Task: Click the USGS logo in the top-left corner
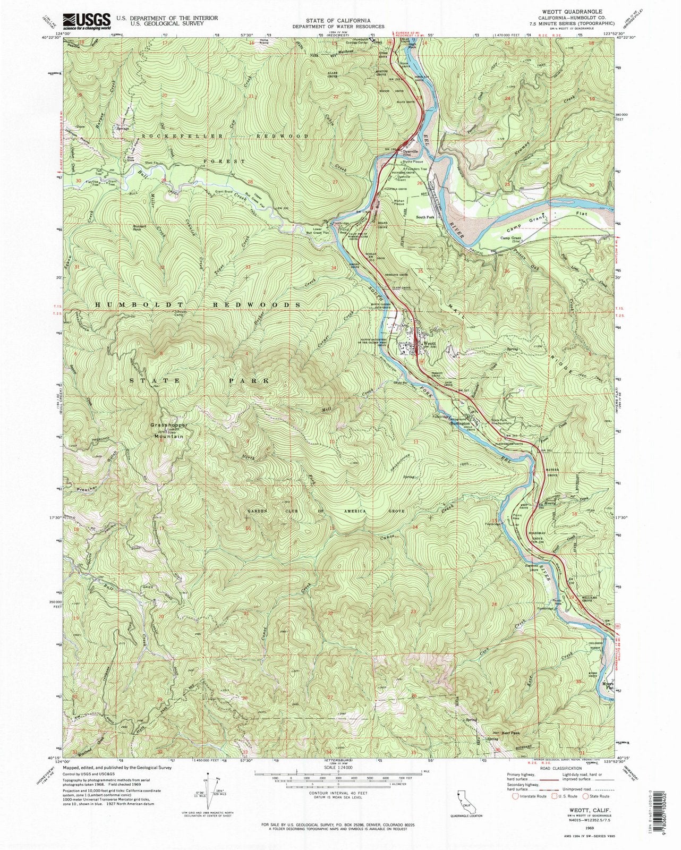coord(87,21)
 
